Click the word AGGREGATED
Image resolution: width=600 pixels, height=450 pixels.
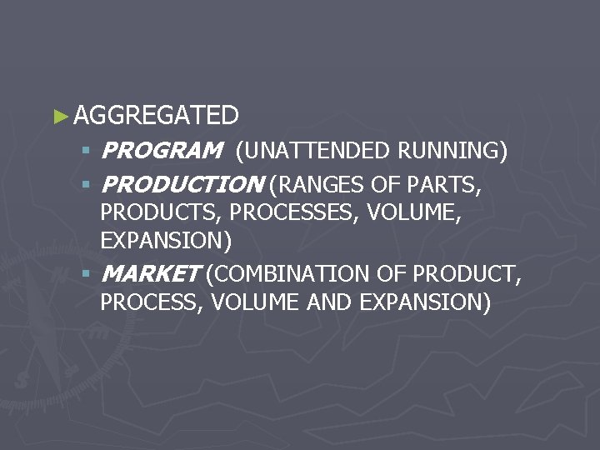[x=156, y=115]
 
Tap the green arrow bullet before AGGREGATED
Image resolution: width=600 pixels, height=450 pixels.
[x=58, y=116]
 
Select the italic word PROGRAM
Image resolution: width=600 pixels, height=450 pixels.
[x=161, y=152]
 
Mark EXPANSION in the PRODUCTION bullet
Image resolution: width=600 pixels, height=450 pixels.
[x=166, y=242]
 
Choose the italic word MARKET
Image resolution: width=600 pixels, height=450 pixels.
[x=150, y=273]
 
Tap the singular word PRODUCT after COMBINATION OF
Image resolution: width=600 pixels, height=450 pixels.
[x=467, y=273]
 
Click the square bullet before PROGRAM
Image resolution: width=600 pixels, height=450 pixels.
[x=86, y=152]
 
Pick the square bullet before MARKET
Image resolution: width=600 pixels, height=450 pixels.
[x=86, y=273]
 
